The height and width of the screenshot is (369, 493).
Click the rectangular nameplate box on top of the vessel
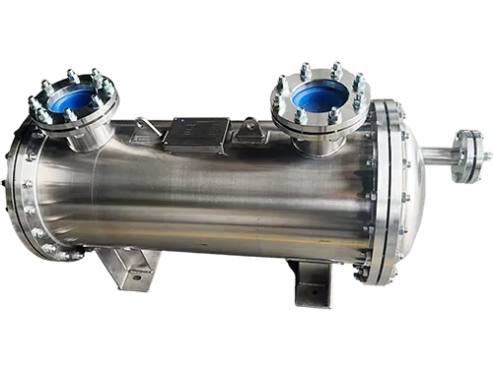pos(200,132)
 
